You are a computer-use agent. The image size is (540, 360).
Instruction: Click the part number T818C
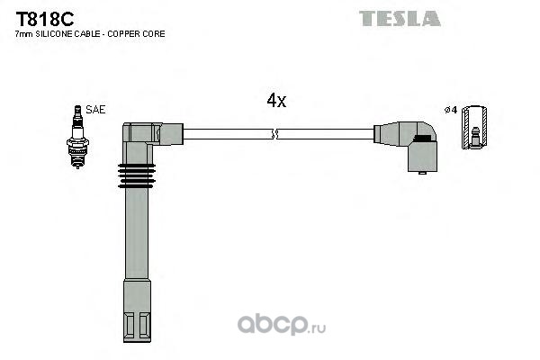coord(45,19)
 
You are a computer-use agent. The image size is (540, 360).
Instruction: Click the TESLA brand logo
coord(400,19)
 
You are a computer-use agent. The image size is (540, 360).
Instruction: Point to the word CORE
coord(157,34)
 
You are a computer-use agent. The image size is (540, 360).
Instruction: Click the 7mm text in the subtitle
coord(24,34)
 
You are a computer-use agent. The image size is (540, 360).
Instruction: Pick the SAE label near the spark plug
coord(95,110)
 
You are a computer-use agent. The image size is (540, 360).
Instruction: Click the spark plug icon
coord(77,137)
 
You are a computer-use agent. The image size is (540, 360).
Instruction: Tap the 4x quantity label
coord(276,100)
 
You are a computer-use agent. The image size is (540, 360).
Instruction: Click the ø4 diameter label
coord(451,110)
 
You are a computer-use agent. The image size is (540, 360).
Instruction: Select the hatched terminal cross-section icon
coord(474,128)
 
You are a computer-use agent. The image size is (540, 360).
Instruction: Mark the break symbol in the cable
coord(274,134)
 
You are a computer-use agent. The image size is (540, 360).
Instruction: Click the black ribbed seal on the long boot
coord(137,175)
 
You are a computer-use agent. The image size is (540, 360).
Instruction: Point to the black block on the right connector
coord(422,138)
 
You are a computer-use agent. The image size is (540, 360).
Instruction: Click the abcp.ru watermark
coord(282,325)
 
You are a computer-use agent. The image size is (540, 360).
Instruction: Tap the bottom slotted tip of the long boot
coord(137,327)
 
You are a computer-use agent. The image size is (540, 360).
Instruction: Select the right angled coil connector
coord(406,146)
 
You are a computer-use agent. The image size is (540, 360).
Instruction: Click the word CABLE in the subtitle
coord(91,34)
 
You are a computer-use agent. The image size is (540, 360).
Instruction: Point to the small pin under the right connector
coord(422,173)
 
